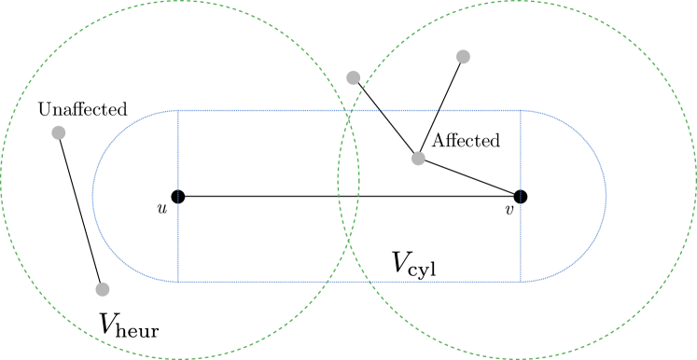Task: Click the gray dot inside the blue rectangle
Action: (418, 159)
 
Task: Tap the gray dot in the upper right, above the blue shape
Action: (463, 57)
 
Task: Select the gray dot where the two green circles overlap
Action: (353, 78)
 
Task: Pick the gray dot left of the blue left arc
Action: (59, 132)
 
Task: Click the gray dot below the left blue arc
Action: (103, 289)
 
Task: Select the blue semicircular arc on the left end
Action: (93, 196)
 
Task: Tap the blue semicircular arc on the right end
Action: (606, 196)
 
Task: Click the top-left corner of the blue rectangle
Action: (178, 111)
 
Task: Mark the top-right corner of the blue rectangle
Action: (521, 111)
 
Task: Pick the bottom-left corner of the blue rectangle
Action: (178, 281)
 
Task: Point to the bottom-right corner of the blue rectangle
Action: (521, 281)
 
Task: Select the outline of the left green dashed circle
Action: (1, 180)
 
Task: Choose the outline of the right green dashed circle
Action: (695, 180)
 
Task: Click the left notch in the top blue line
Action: (381, 112)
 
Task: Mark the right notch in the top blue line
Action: (439, 112)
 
